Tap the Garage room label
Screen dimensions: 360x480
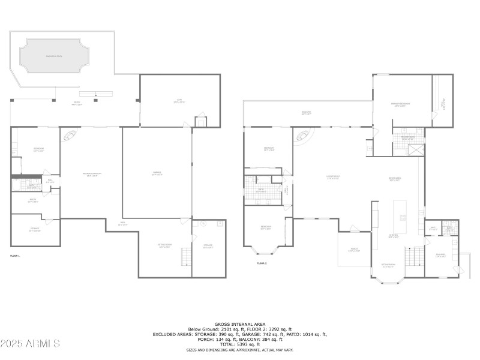[157, 173]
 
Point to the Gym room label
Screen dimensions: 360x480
[179, 101]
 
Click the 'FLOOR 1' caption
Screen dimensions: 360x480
[15, 256]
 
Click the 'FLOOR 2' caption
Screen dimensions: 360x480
[262, 263]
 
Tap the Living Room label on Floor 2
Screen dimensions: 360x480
[333, 176]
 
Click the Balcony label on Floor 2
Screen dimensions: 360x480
[307, 112]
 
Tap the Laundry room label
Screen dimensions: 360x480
[440, 256]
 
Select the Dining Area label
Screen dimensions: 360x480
[395, 178]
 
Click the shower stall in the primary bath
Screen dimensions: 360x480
[415, 149]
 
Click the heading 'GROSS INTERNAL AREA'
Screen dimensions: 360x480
[240, 324]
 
